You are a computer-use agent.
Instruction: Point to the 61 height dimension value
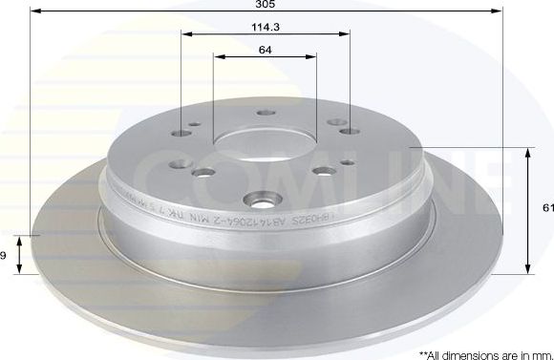(547, 208)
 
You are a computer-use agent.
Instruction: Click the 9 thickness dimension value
(3, 254)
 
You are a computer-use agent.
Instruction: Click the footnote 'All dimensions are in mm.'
(481, 352)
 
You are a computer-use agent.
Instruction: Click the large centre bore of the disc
(264, 142)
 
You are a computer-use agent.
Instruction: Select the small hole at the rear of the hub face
(263, 114)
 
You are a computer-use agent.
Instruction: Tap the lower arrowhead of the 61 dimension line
(528, 270)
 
